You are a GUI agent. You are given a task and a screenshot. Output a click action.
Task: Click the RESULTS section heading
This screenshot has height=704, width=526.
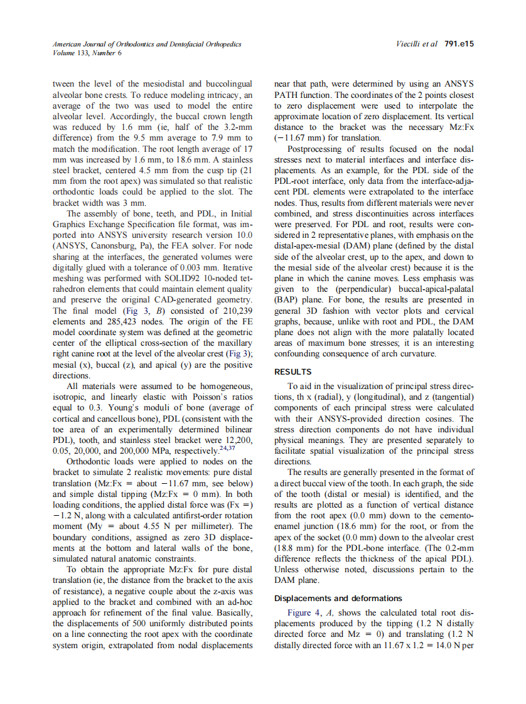(x=295, y=372)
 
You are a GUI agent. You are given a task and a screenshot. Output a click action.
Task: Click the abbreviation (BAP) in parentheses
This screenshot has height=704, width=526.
(x=286, y=300)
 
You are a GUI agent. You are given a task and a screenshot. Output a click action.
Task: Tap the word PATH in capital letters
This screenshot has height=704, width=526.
(x=288, y=93)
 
